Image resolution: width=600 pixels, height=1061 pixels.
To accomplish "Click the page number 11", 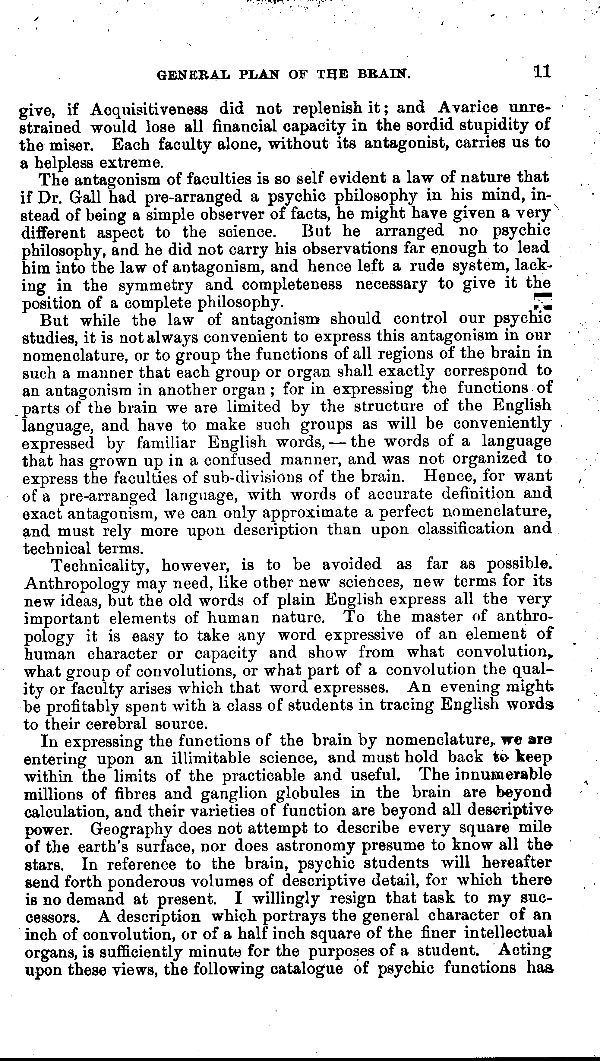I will pyautogui.click(x=542, y=72).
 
